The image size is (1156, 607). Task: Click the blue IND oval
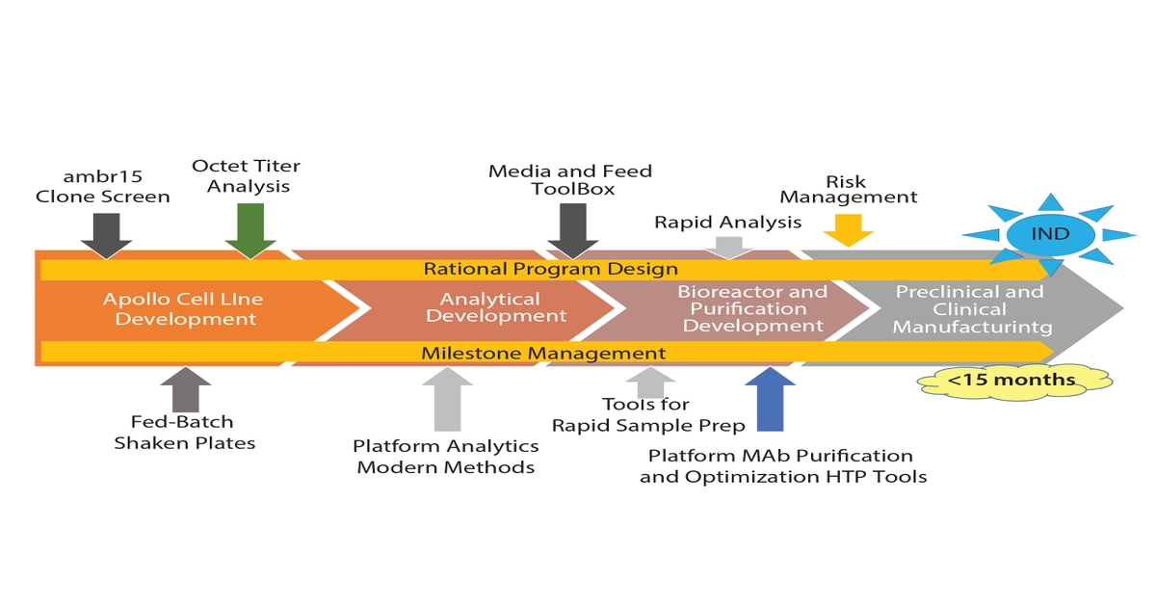(1050, 235)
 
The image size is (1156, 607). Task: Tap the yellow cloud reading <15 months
(1011, 381)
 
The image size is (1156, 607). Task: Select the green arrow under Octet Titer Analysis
(250, 233)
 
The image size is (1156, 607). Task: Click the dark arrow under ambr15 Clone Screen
(107, 234)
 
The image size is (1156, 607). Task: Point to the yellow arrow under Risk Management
(848, 229)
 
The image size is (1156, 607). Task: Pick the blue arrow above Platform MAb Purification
(771, 398)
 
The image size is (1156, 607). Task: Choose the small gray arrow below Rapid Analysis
(729, 247)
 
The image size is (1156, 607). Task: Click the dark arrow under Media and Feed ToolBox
(572, 233)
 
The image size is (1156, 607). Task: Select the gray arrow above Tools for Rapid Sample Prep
(651, 382)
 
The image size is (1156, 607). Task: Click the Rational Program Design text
(551, 269)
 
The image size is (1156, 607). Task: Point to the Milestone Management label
(543, 354)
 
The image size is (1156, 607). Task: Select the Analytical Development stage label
(496, 307)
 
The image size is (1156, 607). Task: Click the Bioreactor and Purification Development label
(751, 308)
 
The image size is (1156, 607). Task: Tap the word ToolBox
(572, 189)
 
